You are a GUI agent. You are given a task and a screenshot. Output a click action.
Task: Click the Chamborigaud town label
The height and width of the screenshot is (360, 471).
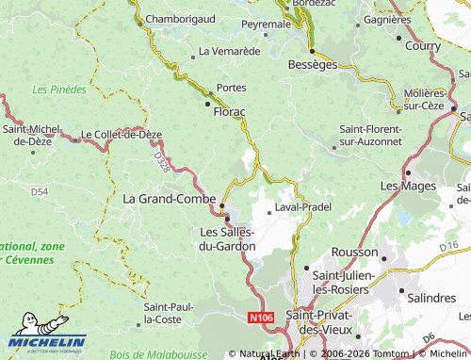pos(181,17)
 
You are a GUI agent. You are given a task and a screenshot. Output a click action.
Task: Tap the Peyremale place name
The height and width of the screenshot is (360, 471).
pos(266,23)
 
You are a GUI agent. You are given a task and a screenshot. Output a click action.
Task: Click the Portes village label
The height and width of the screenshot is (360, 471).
pos(232,88)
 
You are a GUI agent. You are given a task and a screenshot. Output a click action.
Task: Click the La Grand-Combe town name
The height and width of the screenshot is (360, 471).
pos(169,199)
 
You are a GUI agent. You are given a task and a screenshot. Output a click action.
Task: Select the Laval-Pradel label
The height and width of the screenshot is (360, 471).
pos(302,206)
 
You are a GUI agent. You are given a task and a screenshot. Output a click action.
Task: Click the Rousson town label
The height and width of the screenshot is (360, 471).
pos(356,253)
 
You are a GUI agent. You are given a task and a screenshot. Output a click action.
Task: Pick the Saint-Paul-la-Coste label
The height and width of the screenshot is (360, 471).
pos(170,313)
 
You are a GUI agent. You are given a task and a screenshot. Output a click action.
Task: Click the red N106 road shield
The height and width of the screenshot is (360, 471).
pos(263,320)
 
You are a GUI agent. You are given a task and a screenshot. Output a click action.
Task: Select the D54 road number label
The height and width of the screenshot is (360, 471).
pos(39,191)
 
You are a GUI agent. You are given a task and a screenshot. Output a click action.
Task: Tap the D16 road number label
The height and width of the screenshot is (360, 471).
pos(448,246)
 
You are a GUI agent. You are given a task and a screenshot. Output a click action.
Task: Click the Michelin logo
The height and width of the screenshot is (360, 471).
pos(47,336)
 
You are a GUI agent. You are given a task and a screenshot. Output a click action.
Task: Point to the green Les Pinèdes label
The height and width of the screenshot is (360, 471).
pos(58,90)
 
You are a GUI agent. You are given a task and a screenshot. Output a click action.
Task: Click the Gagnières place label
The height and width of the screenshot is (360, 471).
pos(387,19)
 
